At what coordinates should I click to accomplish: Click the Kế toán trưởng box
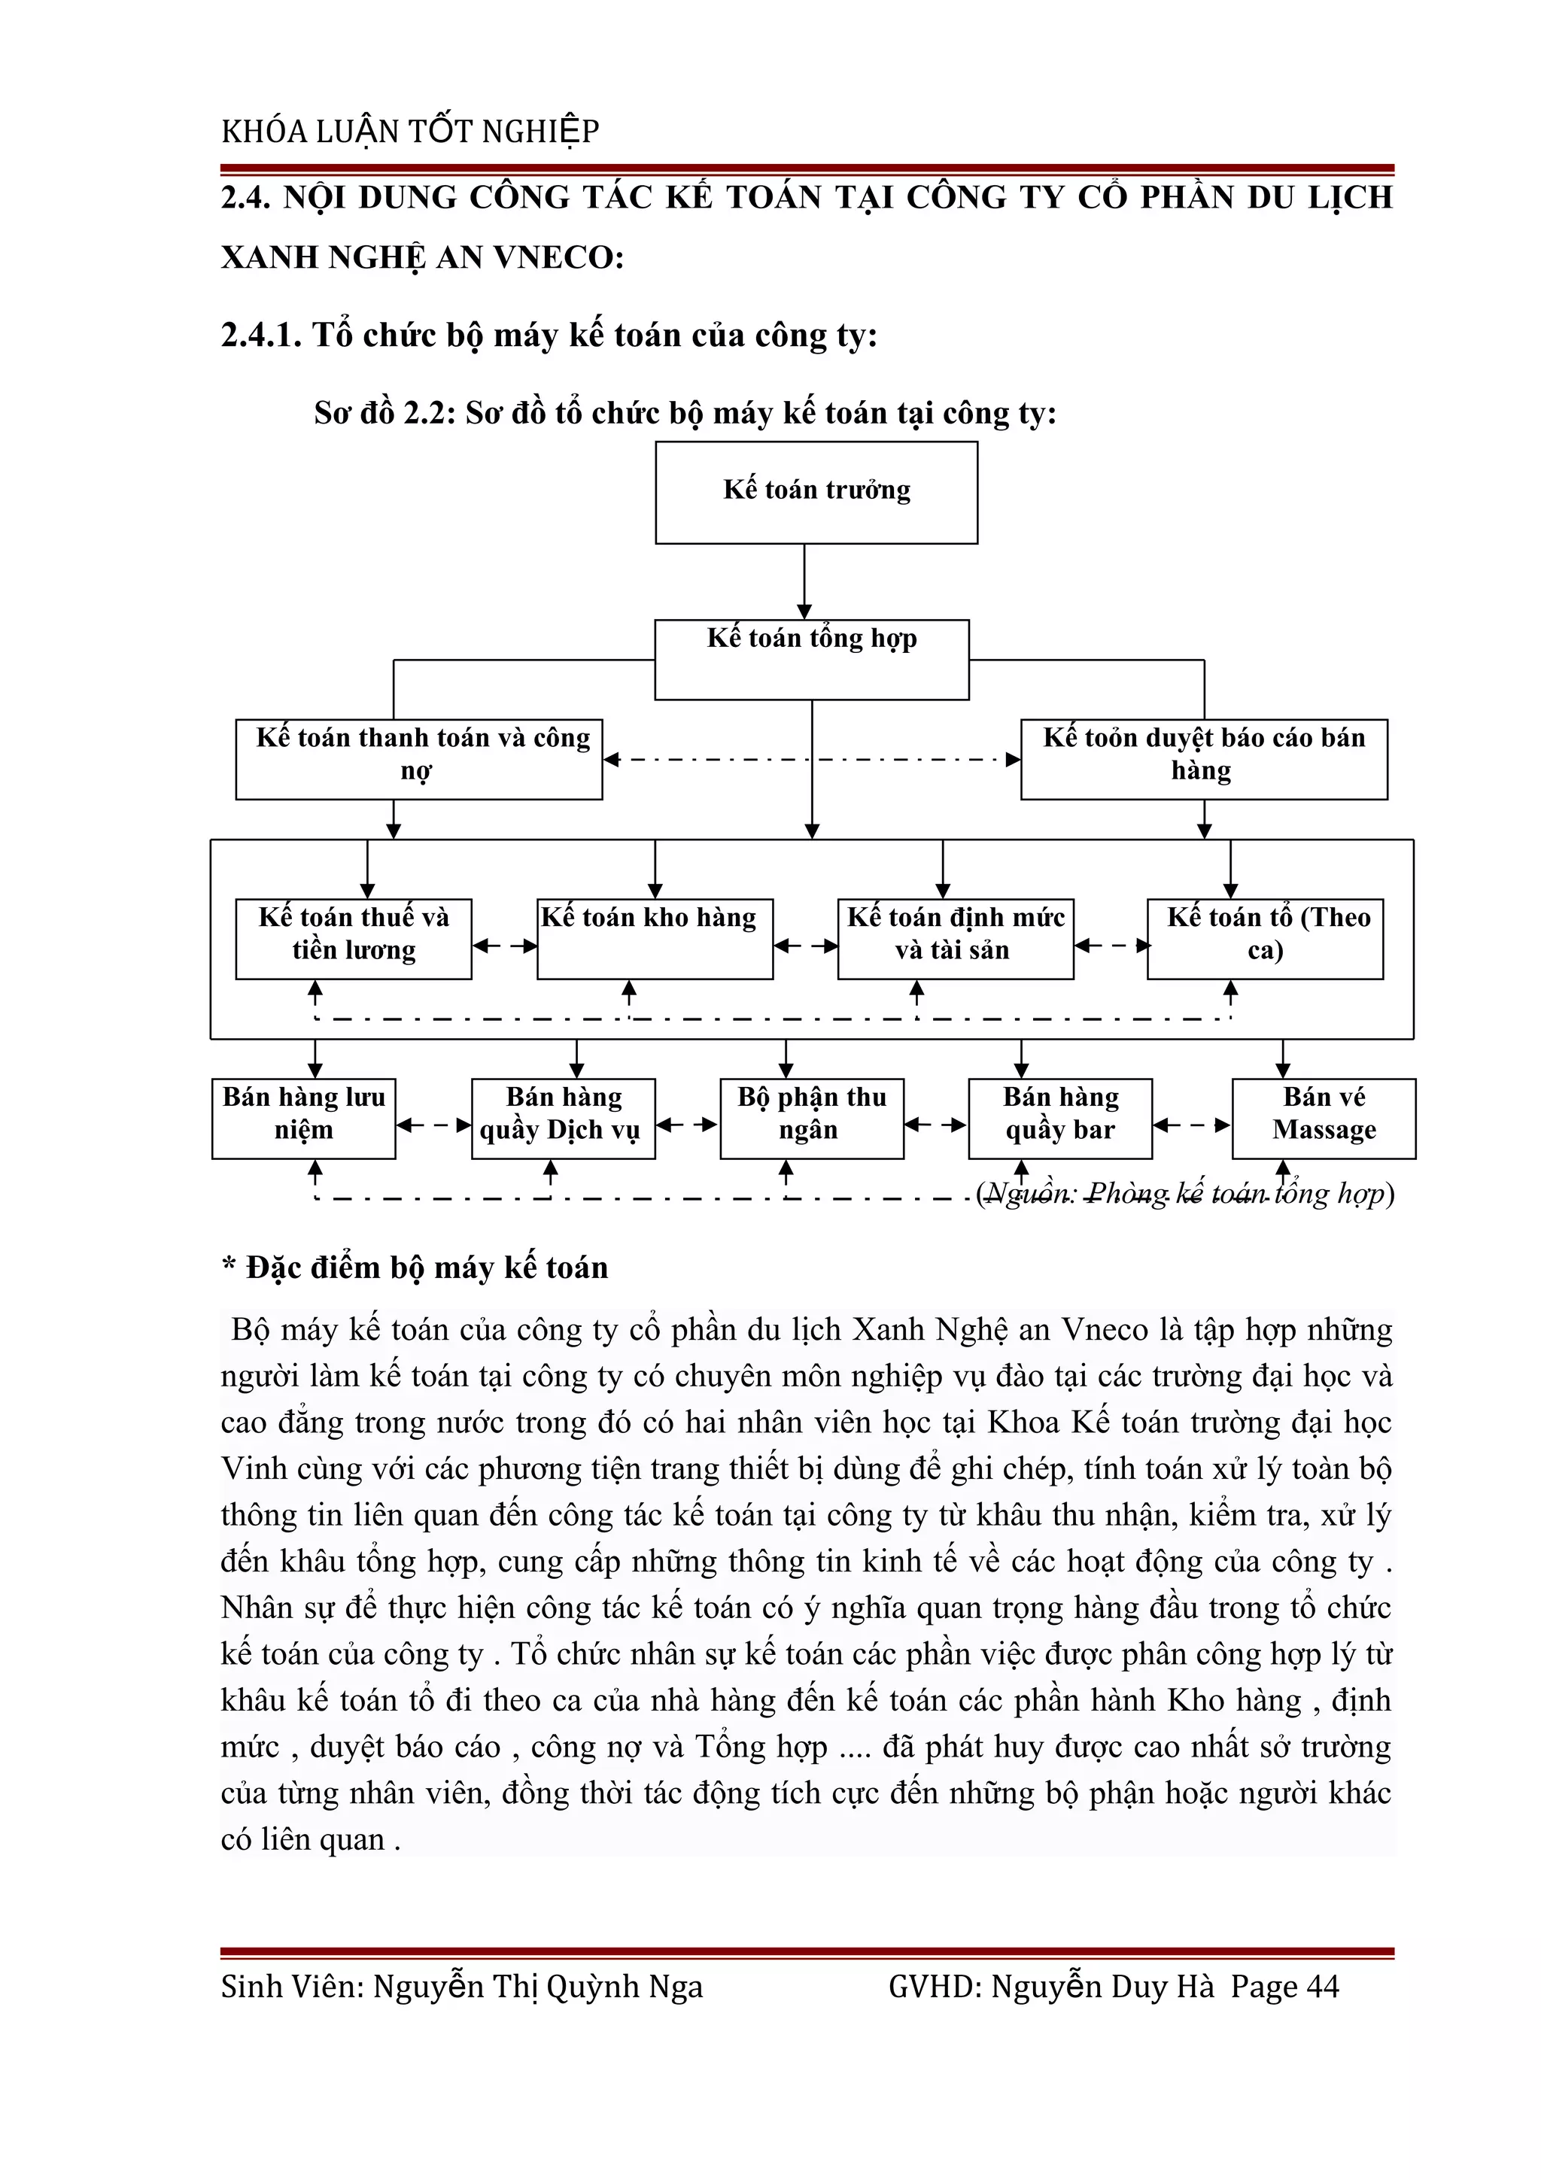(x=816, y=492)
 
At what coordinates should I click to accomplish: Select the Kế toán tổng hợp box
(x=812, y=659)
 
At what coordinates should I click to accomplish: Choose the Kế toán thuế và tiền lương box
(x=353, y=938)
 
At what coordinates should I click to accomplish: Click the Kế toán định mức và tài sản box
(x=955, y=938)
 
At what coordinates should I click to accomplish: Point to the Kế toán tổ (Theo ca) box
(x=1265, y=938)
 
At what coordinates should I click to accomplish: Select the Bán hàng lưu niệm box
(x=304, y=1118)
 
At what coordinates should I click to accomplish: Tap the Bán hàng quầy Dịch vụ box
(x=563, y=1118)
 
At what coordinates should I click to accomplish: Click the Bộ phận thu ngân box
(x=812, y=1118)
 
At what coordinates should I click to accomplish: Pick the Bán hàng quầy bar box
(x=1059, y=1118)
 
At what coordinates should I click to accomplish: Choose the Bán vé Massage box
(x=1324, y=1118)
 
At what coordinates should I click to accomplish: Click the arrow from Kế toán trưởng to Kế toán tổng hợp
(x=804, y=581)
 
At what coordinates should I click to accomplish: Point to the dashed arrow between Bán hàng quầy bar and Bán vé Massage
(x=1192, y=1125)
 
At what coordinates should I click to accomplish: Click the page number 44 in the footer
(x=1323, y=1987)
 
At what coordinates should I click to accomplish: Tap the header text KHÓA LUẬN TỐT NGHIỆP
(x=410, y=131)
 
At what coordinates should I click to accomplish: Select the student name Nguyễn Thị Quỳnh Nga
(x=537, y=1987)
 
